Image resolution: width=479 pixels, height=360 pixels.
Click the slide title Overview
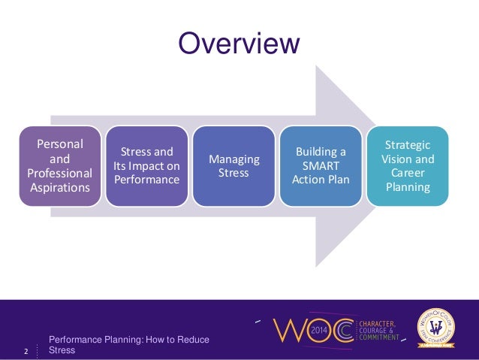[x=239, y=43]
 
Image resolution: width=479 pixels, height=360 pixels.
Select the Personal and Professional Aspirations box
[x=61, y=165]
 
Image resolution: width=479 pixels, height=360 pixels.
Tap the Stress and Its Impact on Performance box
[x=148, y=165]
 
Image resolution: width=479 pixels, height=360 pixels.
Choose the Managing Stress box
[x=234, y=165]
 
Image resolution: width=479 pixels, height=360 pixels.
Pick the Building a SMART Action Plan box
[x=321, y=165]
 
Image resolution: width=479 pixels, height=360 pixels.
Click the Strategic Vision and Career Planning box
[x=408, y=165]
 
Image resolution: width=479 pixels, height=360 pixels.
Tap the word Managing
[x=234, y=159]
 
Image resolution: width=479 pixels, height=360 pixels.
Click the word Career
[x=408, y=173]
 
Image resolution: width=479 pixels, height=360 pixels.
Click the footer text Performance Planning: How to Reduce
[x=128, y=340]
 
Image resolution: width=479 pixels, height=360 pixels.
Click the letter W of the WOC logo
[x=288, y=331]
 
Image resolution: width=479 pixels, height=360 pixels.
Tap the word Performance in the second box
[x=148, y=180]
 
